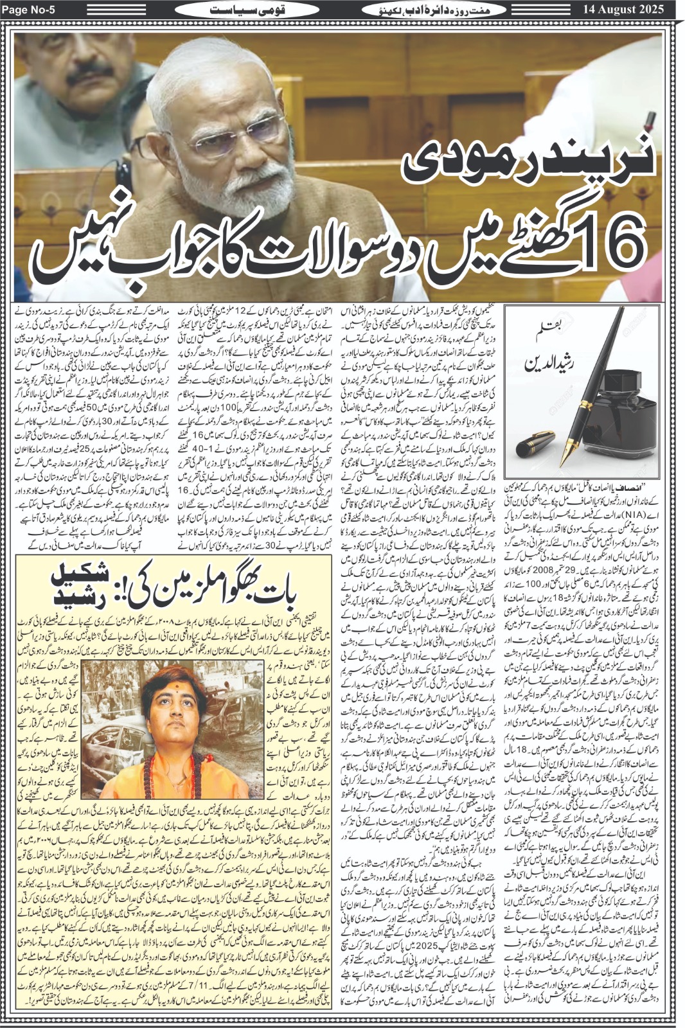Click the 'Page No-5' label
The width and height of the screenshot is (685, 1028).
point(31,10)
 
